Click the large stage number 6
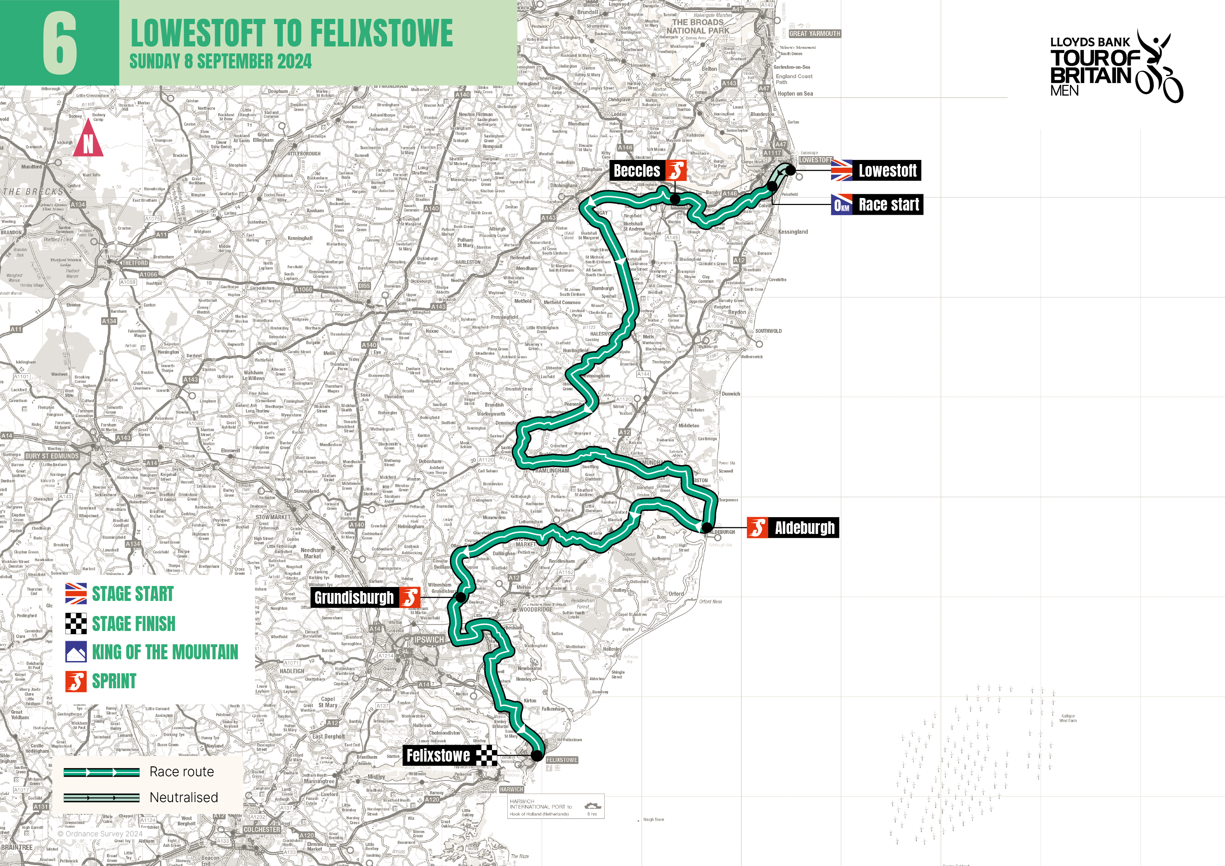tap(59, 43)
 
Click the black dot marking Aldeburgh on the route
tap(706, 528)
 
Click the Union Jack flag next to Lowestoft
tap(841, 171)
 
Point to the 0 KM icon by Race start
tap(841, 205)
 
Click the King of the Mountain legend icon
tap(76, 652)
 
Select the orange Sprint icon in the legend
tap(76, 681)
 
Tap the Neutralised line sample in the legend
tap(101, 798)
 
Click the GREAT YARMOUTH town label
tap(814, 34)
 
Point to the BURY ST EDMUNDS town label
tap(52, 456)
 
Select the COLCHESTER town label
tap(262, 830)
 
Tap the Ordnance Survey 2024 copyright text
tap(100, 834)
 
